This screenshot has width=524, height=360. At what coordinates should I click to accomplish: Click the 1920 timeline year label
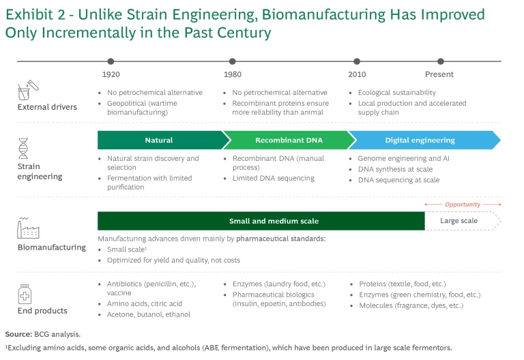click(111, 74)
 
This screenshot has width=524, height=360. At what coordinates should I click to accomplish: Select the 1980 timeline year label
click(232, 74)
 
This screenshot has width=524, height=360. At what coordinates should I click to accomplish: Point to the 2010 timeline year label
click(357, 74)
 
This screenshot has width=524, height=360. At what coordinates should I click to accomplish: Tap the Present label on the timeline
click(439, 74)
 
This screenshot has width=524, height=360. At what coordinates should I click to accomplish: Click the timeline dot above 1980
click(233, 61)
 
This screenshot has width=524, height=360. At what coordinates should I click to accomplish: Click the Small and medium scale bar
click(261, 221)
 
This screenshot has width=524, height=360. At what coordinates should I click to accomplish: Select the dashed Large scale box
click(462, 221)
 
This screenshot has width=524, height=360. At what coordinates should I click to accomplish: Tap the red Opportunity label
click(463, 205)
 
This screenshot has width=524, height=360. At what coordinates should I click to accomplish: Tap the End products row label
click(43, 311)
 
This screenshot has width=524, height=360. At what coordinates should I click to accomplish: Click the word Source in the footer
click(18, 334)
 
